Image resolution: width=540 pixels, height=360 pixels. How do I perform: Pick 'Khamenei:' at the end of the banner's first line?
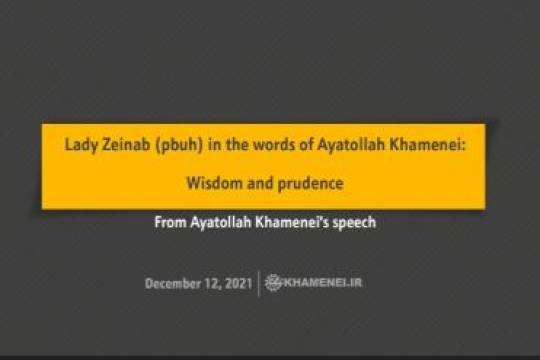coord(421,145)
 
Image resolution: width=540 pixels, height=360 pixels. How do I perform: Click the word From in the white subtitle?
coord(170,222)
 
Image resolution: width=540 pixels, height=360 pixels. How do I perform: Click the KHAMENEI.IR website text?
coord(322,283)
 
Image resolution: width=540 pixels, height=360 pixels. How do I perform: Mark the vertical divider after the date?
coord(259,283)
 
